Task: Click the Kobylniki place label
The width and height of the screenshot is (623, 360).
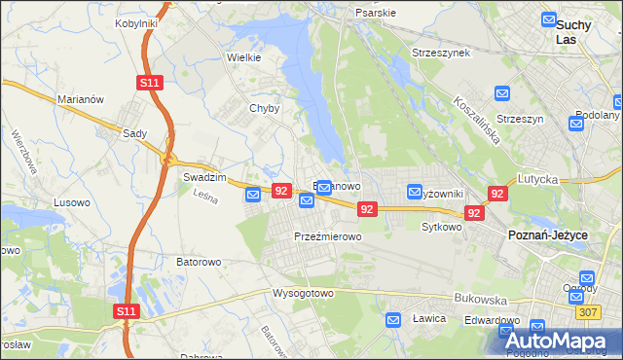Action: [136, 22]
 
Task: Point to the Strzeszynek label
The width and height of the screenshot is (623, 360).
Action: [441, 52]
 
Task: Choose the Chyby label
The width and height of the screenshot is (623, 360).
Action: [264, 109]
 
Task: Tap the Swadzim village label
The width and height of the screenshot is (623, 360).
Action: [204, 178]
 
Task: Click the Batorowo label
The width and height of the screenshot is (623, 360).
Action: [199, 262]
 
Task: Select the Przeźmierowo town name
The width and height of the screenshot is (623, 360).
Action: [328, 236]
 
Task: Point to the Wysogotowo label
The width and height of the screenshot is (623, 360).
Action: [303, 293]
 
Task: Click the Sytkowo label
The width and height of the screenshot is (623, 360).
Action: [440, 227]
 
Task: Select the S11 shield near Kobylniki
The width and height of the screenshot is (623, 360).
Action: [149, 84]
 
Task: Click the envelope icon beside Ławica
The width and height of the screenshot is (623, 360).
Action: [394, 319]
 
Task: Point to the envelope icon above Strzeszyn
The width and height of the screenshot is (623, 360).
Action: [502, 93]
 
